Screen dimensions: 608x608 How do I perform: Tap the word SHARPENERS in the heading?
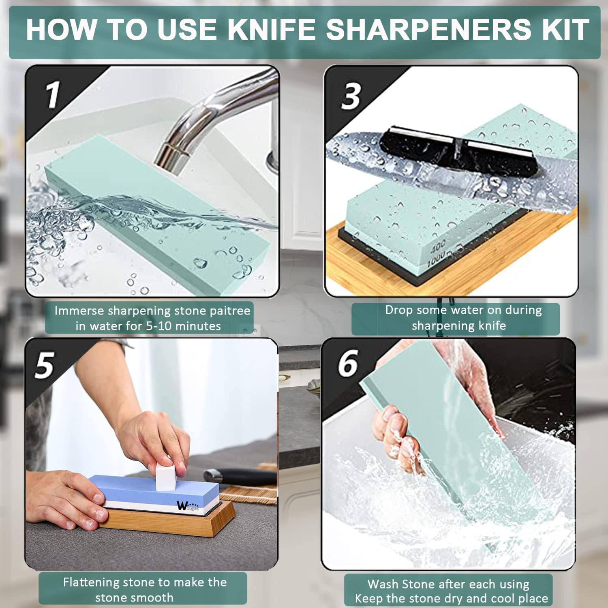pyautogui.click(x=428, y=29)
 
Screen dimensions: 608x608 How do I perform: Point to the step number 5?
pyautogui.click(x=44, y=365)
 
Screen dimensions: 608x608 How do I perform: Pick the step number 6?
pyautogui.click(x=348, y=363)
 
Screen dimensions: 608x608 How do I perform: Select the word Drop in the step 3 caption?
pyautogui.click(x=399, y=310)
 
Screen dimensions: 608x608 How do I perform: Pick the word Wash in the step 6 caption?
pyautogui.click(x=381, y=584)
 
